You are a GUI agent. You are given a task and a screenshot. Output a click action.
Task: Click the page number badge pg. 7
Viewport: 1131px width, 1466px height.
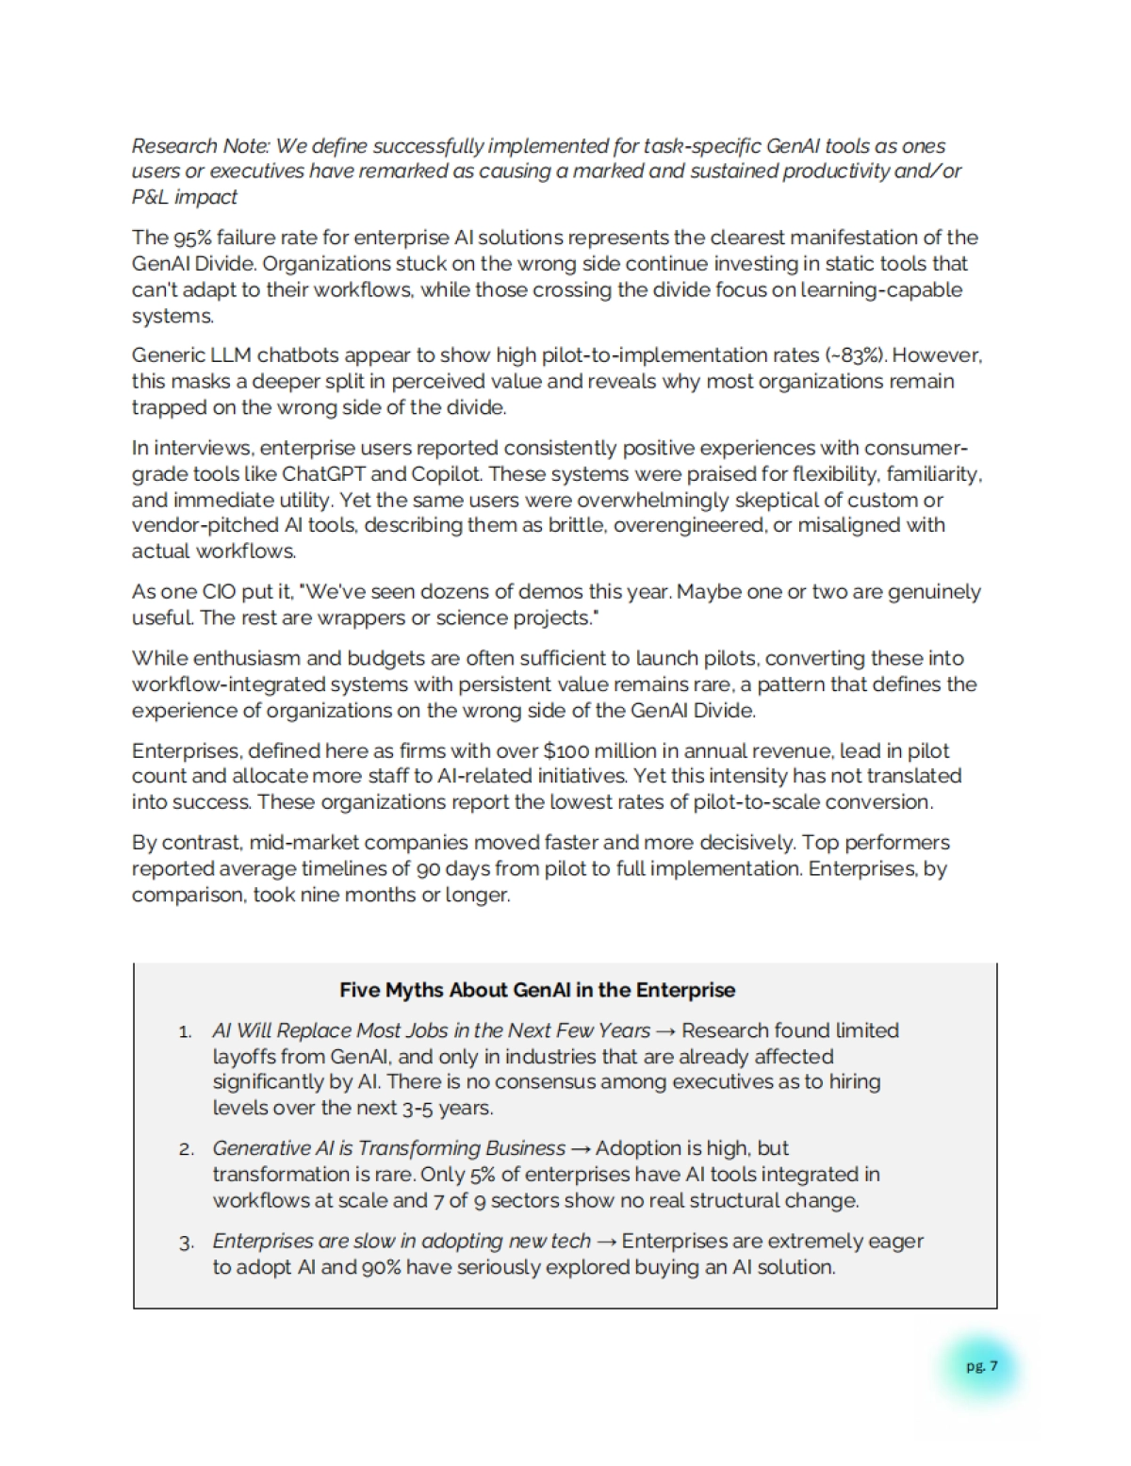(981, 1366)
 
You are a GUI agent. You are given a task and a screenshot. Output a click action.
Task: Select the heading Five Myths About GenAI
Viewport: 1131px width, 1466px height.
(536, 990)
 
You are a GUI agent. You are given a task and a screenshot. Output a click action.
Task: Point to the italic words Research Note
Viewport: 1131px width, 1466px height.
(200, 146)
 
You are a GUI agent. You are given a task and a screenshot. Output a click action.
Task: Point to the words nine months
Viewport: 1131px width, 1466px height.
(357, 895)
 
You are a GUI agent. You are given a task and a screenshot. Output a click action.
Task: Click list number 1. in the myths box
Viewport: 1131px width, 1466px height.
(186, 1032)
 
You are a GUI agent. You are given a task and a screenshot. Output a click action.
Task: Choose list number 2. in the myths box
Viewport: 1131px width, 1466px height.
(186, 1150)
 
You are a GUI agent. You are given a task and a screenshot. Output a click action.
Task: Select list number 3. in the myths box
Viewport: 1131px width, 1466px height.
(186, 1243)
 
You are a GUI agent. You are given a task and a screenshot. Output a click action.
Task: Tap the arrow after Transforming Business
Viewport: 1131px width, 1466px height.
(580, 1149)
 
